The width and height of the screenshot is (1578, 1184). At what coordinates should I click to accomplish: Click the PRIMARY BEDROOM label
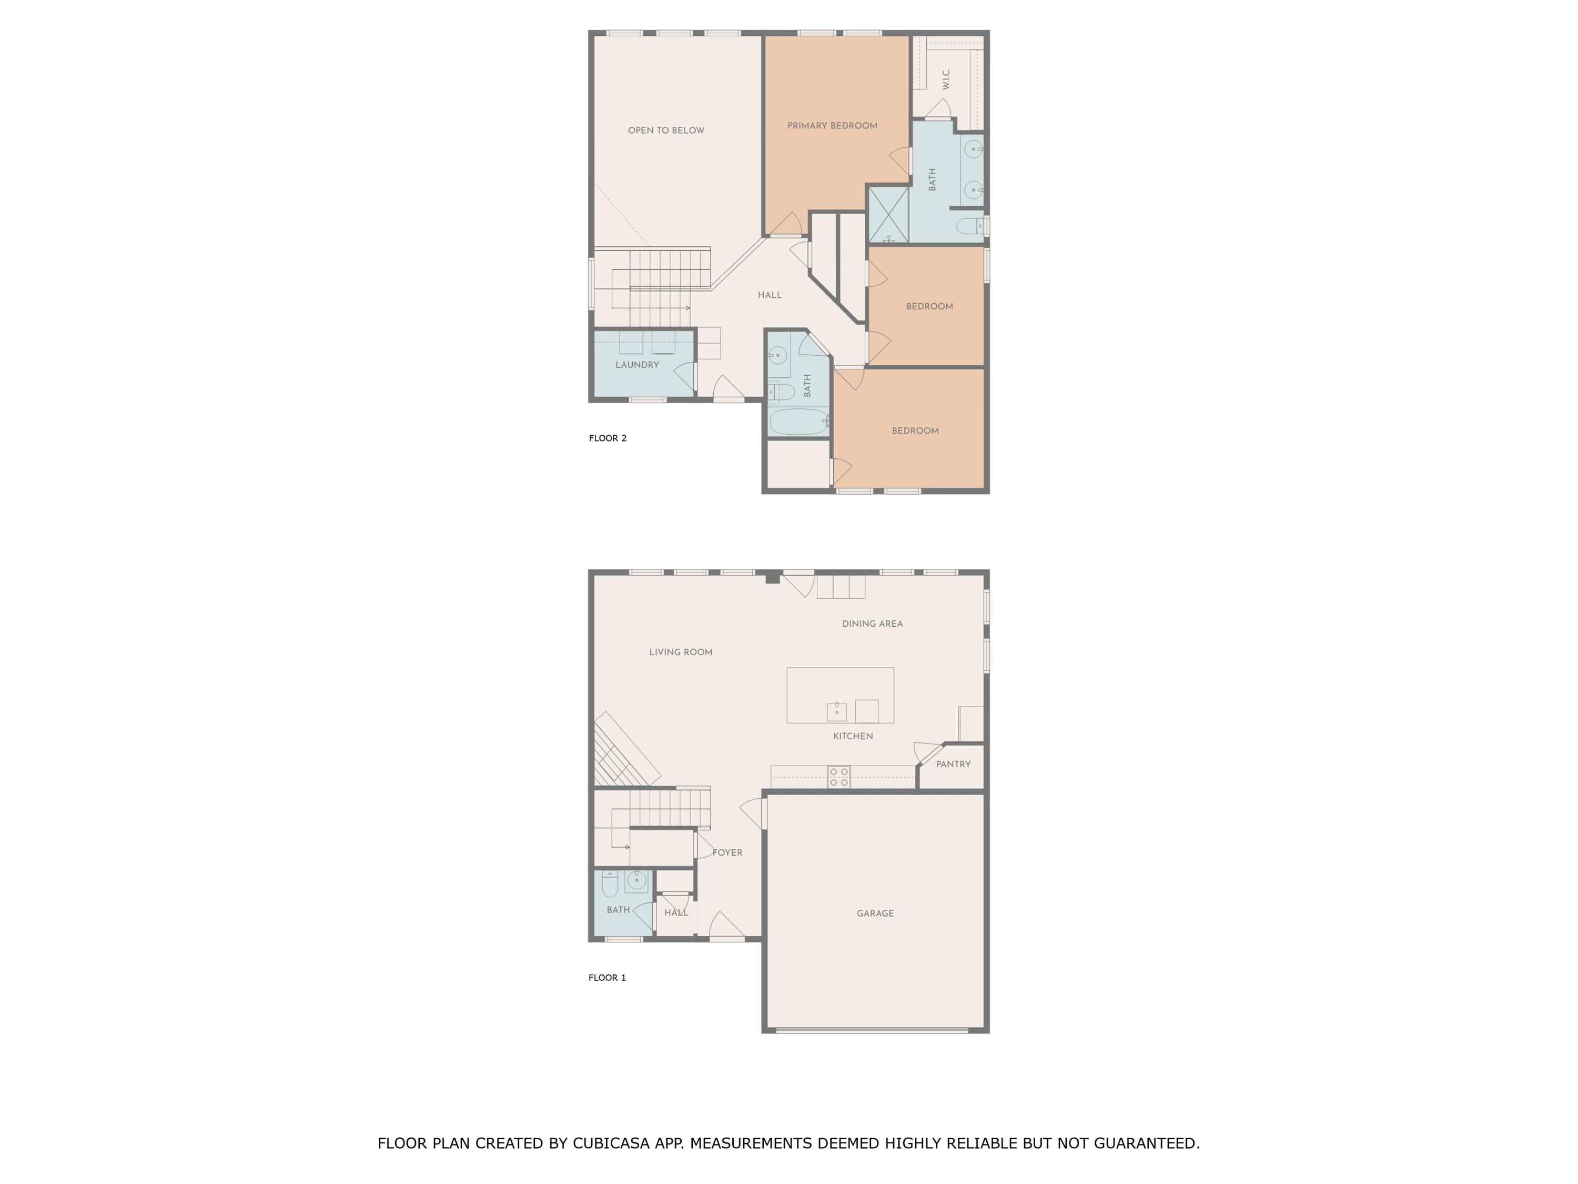(x=832, y=126)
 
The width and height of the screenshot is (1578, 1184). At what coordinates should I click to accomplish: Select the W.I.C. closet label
(x=946, y=78)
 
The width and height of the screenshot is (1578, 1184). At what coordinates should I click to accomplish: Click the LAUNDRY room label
(x=637, y=365)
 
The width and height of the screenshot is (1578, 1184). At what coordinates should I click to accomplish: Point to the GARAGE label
(x=875, y=914)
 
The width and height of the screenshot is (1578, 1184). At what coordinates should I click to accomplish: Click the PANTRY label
(x=953, y=765)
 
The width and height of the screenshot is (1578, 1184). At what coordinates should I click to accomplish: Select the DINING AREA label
(x=873, y=624)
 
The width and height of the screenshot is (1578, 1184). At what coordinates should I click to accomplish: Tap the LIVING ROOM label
(x=681, y=653)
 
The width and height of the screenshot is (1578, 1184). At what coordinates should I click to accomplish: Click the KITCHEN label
(x=853, y=737)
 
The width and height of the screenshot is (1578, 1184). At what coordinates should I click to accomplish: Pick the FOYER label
(x=727, y=853)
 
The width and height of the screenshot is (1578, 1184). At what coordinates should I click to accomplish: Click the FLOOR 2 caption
(x=608, y=438)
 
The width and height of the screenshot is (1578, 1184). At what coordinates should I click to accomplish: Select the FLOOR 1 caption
(x=607, y=978)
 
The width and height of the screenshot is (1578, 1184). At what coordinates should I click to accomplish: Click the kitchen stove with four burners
(x=839, y=777)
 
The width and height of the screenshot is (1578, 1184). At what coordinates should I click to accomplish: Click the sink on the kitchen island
(x=837, y=711)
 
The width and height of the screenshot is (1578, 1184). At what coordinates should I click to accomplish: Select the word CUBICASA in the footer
(x=611, y=1143)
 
